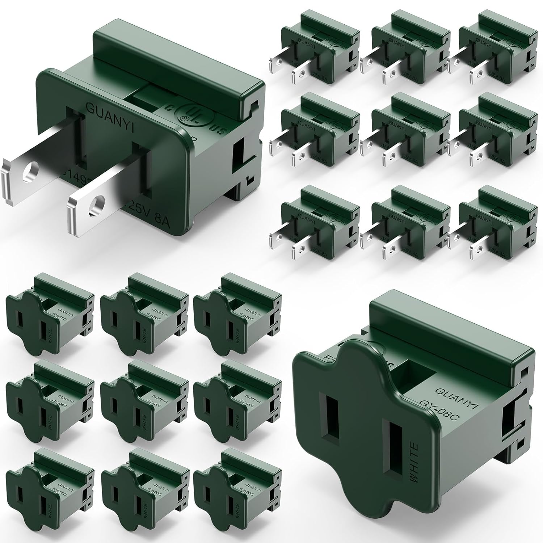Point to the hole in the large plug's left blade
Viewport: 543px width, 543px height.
30,173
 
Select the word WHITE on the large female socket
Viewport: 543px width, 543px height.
415,463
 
